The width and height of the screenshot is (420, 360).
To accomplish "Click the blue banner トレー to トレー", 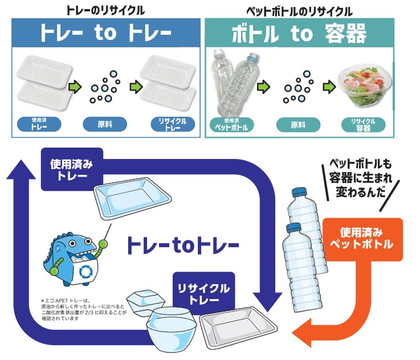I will (106, 33).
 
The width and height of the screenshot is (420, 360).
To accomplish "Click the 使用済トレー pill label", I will (39, 124).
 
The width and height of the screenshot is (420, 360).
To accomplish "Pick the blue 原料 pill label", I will (106, 124).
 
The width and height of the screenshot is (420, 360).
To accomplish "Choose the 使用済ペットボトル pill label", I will (230, 124).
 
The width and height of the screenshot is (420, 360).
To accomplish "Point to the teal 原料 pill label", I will (297, 124).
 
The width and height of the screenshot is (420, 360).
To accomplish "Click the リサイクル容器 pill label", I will (363, 124).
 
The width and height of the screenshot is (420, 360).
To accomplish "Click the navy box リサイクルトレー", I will (203, 293).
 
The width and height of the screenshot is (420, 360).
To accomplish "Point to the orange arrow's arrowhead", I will (302, 333).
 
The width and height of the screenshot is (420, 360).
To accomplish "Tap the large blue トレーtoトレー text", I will (182, 246).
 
